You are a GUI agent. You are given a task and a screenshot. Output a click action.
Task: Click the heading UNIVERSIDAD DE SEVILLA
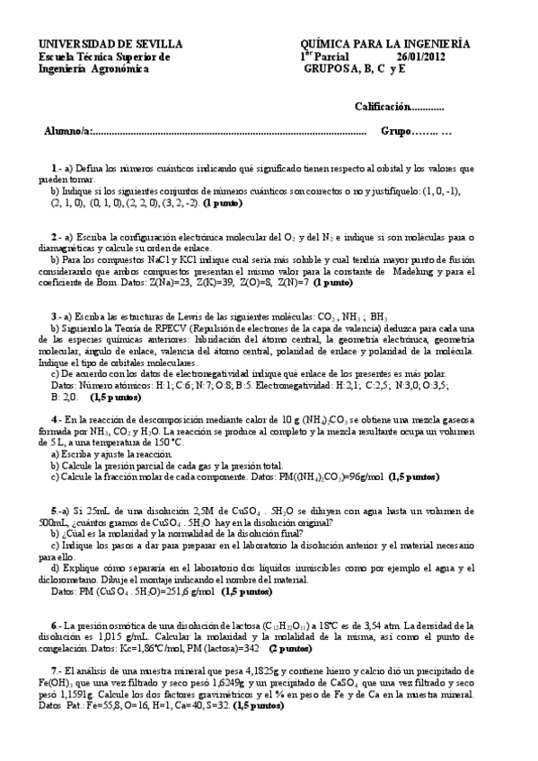(x=110, y=43)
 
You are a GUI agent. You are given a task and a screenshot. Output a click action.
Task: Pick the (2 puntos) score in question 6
(x=295, y=647)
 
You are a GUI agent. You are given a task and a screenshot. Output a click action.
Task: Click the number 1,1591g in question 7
(x=60, y=694)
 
